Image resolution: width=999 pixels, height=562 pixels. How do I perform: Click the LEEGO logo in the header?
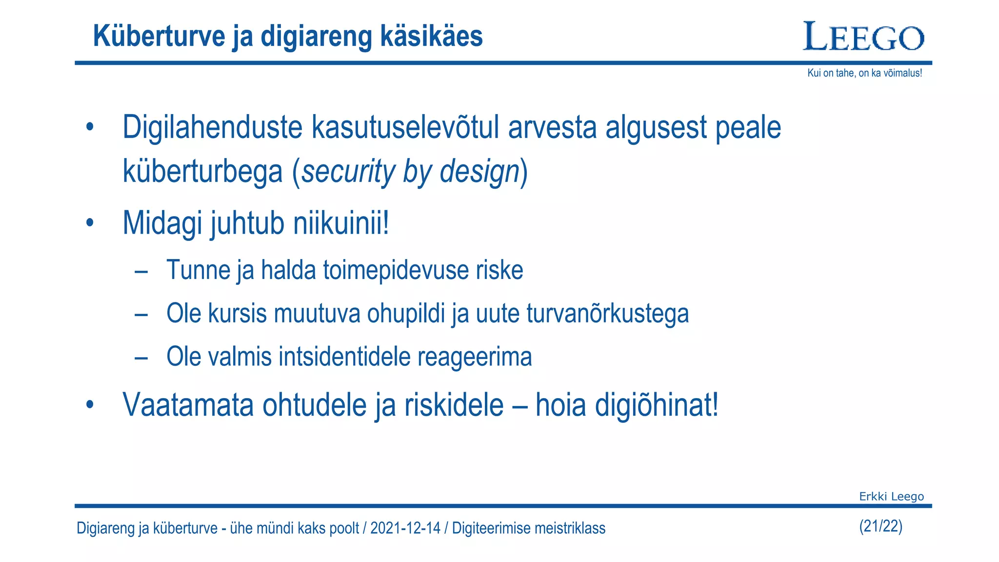tap(863, 37)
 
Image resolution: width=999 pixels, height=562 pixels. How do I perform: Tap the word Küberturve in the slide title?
tap(159, 36)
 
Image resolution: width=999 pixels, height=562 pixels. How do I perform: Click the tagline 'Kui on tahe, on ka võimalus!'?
tap(864, 73)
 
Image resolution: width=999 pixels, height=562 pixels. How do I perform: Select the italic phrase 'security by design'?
tap(410, 172)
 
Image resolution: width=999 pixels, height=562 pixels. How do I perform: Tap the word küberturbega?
tap(203, 172)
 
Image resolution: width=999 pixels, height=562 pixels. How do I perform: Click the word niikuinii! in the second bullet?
tap(341, 223)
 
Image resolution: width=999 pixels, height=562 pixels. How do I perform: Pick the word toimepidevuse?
tap(393, 270)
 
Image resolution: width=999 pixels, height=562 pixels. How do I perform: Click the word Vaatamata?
tap(188, 405)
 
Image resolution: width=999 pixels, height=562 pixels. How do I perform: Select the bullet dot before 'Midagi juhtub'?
tap(89, 223)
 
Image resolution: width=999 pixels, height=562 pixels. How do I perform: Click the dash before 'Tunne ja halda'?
tap(141, 271)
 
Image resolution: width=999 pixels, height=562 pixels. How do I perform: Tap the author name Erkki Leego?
tap(891, 497)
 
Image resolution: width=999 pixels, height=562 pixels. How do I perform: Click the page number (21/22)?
tap(880, 526)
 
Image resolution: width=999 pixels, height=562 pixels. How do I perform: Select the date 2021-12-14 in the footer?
tap(405, 528)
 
